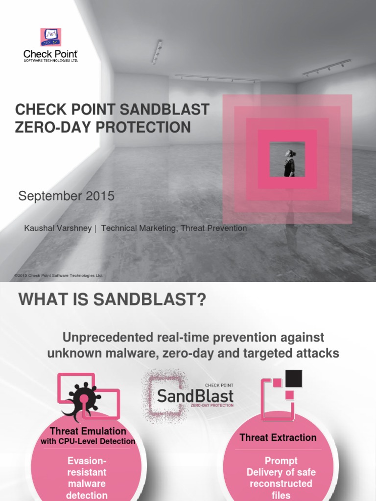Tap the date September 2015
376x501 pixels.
coord(66,196)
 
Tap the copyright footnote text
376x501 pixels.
coord(59,275)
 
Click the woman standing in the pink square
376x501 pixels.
coord(289,163)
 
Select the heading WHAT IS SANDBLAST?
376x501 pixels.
coord(112,299)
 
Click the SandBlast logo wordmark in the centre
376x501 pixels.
coord(195,395)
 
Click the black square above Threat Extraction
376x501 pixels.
coord(293,378)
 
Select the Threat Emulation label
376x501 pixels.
coord(88,431)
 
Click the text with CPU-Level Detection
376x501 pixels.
coord(88,441)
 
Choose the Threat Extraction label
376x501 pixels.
coord(278,437)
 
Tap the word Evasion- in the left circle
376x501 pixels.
coord(87,461)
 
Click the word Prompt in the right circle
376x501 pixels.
coord(281,460)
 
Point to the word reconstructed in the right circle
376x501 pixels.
coord(281,483)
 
